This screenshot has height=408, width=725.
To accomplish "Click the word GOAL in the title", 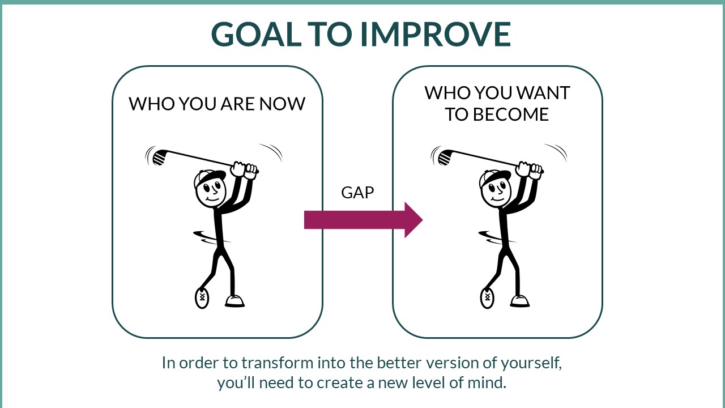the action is tap(257, 34).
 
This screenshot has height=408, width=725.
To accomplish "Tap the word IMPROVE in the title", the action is tap(436, 34).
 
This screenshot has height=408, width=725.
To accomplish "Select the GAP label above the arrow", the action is tap(357, 193).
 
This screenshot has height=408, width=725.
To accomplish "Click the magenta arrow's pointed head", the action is tap(413, 220).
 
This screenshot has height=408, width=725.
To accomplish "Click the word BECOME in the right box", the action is tap(511, 114).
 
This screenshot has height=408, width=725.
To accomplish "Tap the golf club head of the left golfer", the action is tap(159, 158).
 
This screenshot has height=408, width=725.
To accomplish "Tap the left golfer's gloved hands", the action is tap(245, 170).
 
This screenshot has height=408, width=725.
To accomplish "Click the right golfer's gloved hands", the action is tap(530, 170).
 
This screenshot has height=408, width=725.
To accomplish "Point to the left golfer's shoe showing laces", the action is tap(202, 298).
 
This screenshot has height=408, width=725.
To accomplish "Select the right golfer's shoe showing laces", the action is tap(487, 298).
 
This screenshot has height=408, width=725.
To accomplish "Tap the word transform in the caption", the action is tap(278, 363).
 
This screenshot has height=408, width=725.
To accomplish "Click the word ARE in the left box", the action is tap(237, 104).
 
